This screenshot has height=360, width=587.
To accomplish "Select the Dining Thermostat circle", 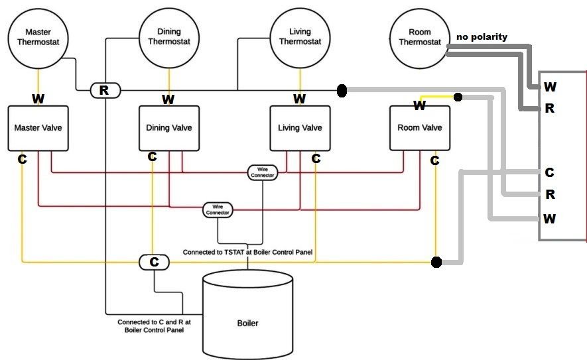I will coord(168,36).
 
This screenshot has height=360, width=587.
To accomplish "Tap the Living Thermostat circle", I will coord(300,36).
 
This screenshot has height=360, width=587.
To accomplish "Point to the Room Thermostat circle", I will coord(419,37).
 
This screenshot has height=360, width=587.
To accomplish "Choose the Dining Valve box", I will coord(168,127).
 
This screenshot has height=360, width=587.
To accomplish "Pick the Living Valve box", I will coord(300,127).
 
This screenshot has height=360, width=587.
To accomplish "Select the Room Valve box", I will coord(419,127).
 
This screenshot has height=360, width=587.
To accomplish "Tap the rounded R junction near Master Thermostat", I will coord(104,90).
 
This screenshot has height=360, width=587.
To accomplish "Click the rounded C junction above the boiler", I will coord(154,262).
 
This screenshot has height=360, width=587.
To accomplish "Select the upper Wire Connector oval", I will coord(262,172).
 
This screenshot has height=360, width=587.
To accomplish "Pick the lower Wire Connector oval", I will coord(218,210).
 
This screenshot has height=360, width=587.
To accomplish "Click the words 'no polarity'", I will coord(482,36).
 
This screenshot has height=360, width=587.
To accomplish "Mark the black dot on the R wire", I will coord(342,90).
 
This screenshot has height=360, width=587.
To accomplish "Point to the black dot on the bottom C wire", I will coord(436,263).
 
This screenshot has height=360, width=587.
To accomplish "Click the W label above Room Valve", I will coord(419,105).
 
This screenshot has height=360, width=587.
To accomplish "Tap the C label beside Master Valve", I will coord(23,159).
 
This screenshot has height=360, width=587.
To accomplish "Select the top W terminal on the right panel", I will coord(550,87).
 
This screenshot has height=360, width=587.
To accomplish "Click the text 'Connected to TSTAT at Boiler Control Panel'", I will coord(247,253).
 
